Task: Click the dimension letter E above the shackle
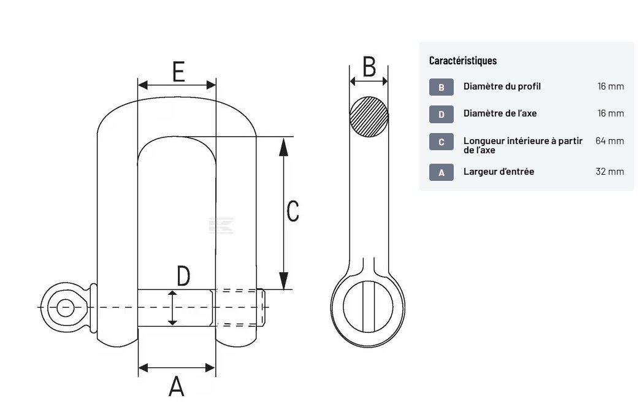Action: (x=178, y=72)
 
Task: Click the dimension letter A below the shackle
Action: (x=177, y=386)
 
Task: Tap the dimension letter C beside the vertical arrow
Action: (x=292, y=211)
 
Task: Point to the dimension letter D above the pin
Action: (x=183, y=276)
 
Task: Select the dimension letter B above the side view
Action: (x=369, y=67)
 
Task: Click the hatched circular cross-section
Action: (x=369, y=116)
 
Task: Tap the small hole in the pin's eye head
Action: (x=66, y=308)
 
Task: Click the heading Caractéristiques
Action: (x=463, y=61)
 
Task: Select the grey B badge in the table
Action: (x=441, y=87)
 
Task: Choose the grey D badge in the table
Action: (x=441, y=114)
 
